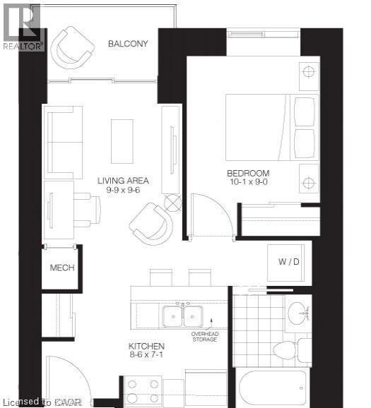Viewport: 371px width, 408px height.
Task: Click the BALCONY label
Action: coord(128,44)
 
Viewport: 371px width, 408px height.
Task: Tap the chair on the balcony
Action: coord(74,47)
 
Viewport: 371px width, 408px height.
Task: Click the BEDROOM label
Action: coord(248,174)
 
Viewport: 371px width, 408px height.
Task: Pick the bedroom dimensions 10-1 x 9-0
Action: coord(248,183)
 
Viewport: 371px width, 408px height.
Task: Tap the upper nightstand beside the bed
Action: coord(308,71)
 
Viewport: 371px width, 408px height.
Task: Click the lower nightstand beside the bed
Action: coord(308,183)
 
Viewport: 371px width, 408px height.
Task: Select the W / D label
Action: coord(288,263)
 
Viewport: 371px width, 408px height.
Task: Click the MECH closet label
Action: coord(61,268)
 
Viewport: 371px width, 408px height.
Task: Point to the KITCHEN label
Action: coord(146,347)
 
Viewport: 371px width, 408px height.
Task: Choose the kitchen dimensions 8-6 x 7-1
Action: coord(146,356)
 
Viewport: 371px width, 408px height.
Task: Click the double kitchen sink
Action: coord(182,316)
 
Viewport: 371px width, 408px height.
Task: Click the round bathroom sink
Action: coord(298,311)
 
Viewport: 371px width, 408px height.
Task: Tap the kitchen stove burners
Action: coord(143,390)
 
